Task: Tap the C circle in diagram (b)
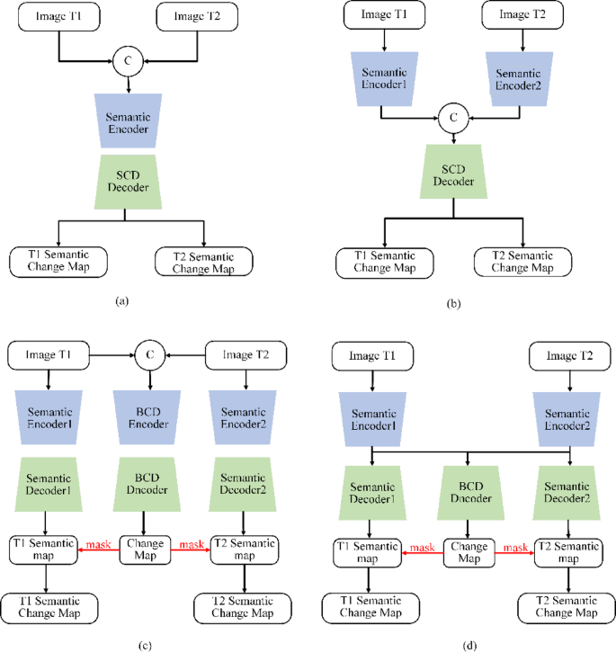(x=453, y=116)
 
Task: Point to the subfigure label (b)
(x=453, y=303)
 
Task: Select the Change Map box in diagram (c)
(x=146, y=549)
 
